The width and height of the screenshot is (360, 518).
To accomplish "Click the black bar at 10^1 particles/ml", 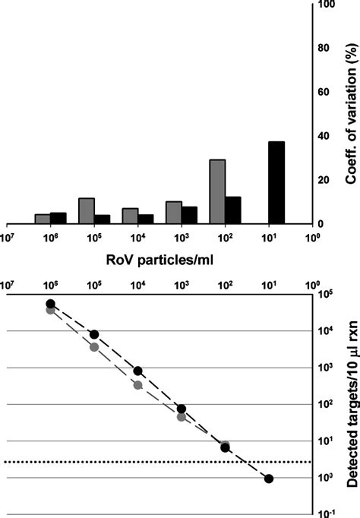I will click(276, 183).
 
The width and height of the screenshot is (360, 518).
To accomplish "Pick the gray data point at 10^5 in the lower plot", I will click(94, 347).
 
